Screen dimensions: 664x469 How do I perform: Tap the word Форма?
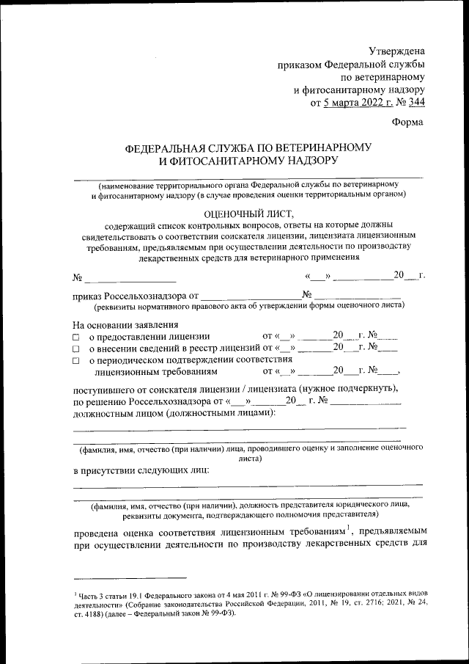point(407,122)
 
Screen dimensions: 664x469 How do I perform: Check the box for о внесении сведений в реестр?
point(75,348)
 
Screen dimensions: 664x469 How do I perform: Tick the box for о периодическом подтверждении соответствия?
point(75,360)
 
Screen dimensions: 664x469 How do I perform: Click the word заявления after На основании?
point(154,324)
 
